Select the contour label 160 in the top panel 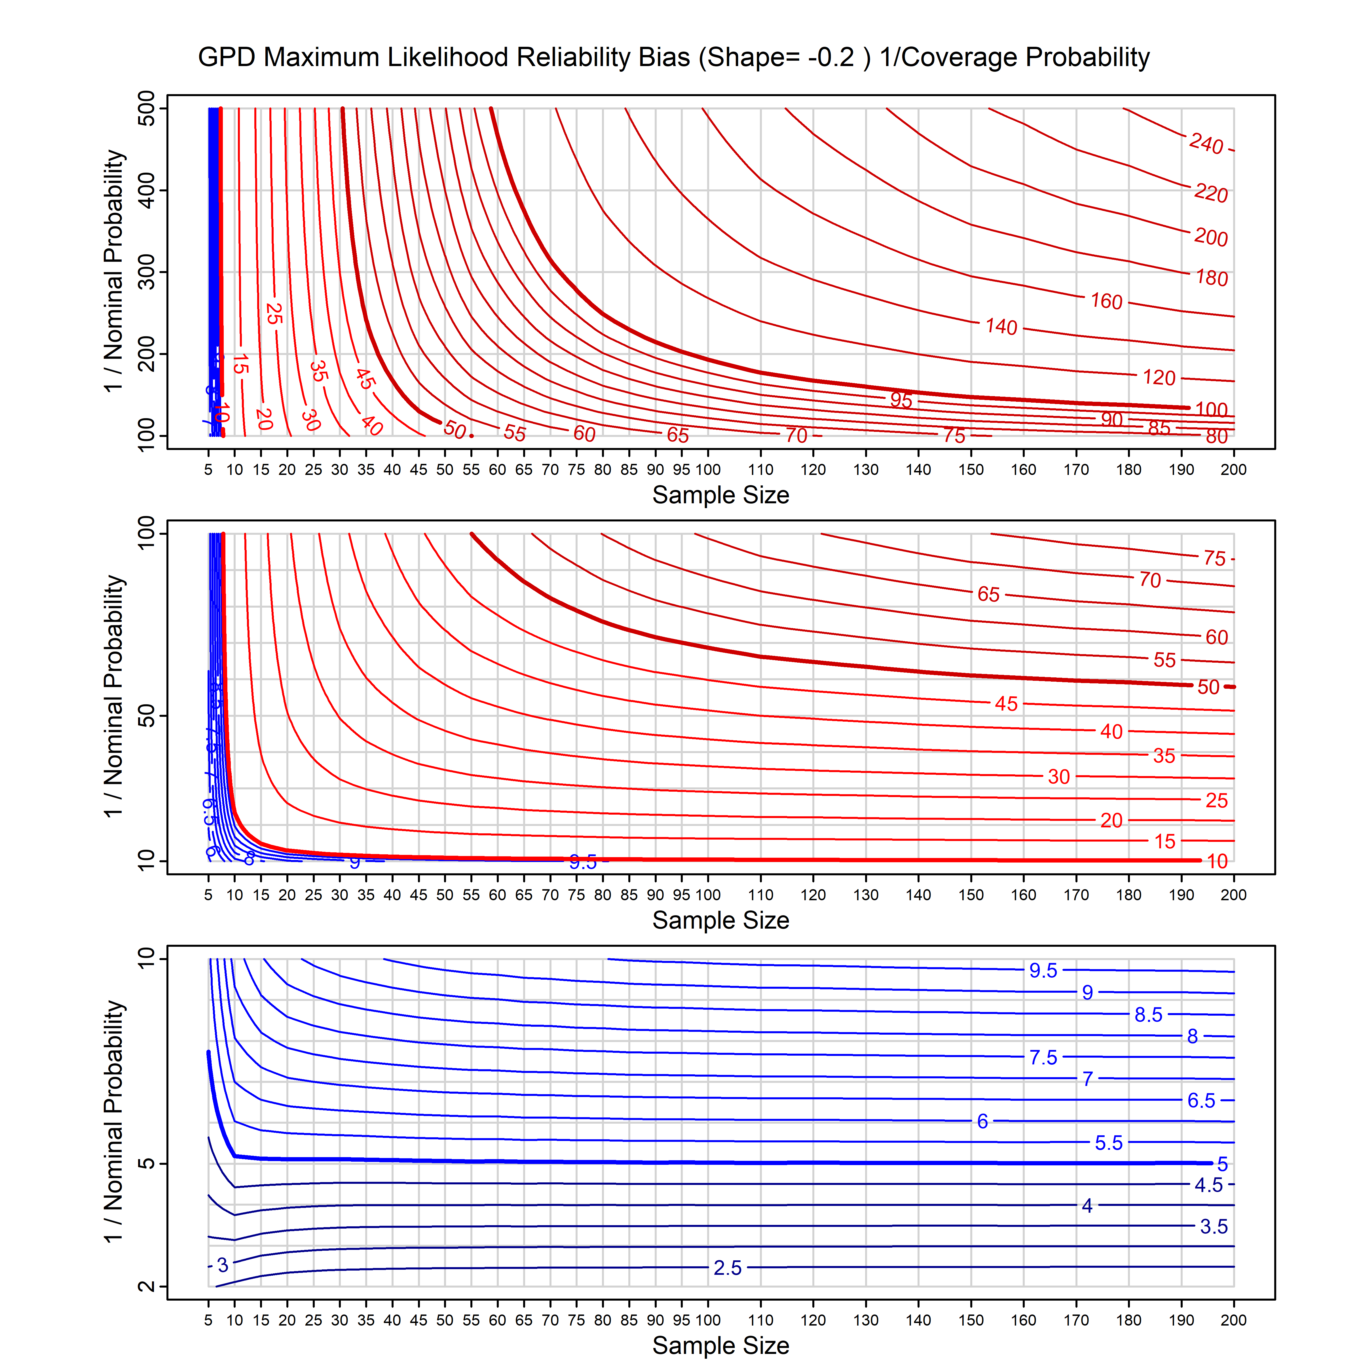[x=1106, y=301]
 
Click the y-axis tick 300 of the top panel [x=147, y=272]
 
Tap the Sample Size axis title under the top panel [x=721, y=495]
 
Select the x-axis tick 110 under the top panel [x=761, y=470]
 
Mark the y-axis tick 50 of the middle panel [x=147, y=717]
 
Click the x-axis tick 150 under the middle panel [x=971, y=895]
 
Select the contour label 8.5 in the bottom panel [x=1148, y=1015]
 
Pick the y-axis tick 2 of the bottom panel [x=147, y=1286]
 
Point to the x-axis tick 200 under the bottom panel [x=1233, y=1320]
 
